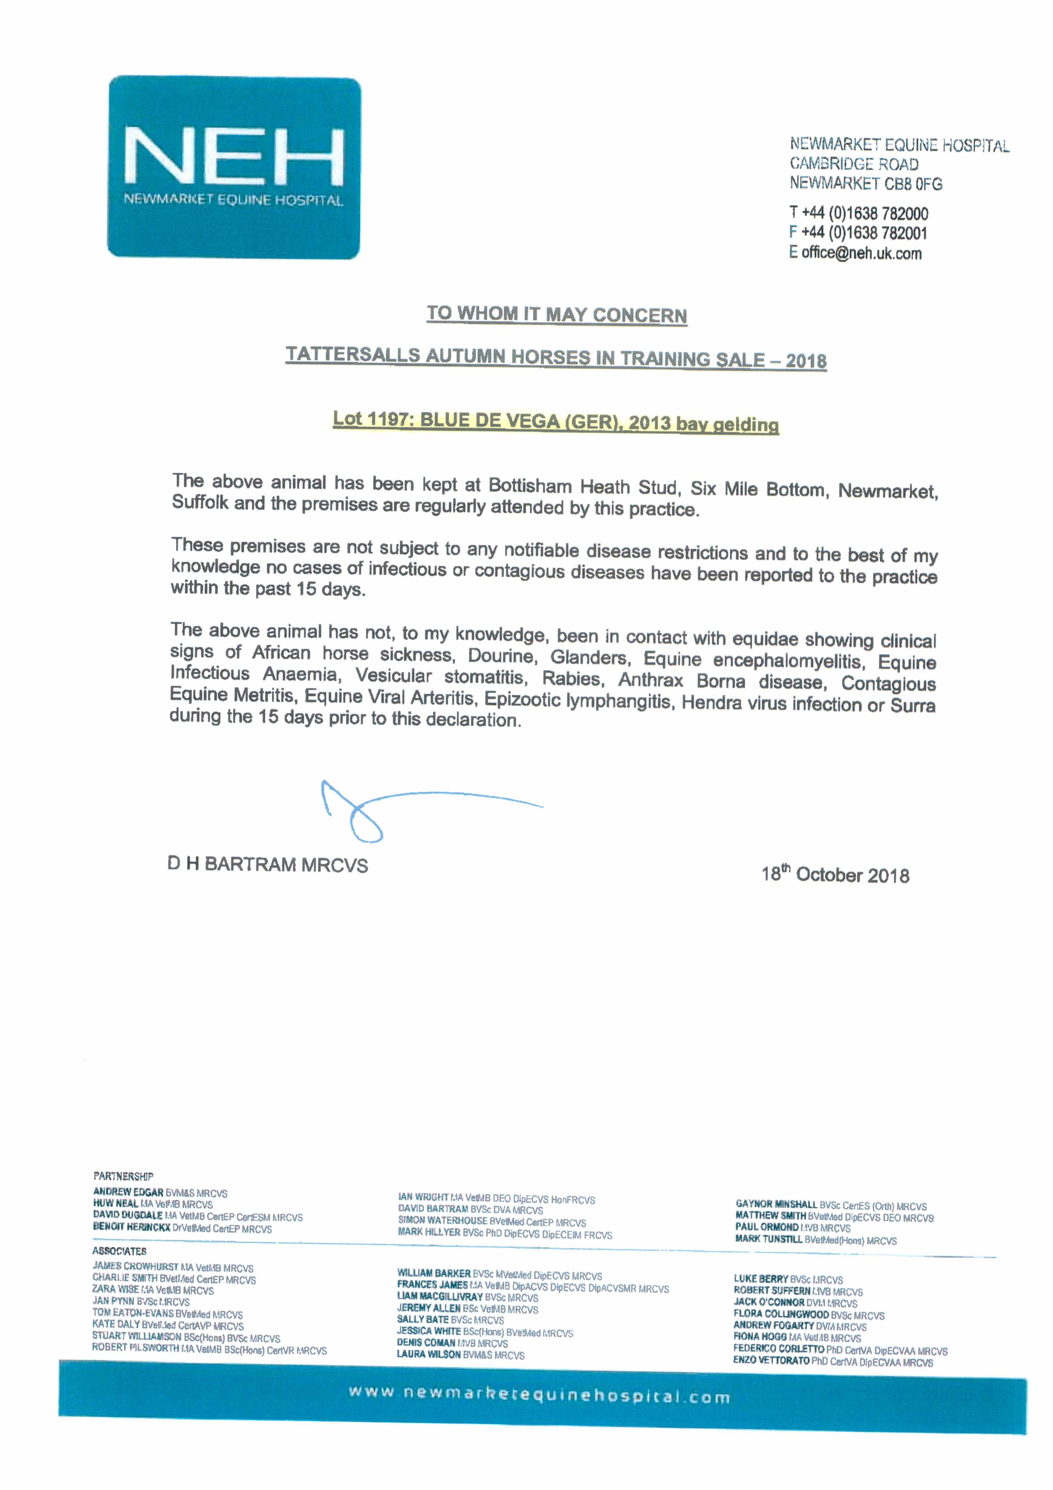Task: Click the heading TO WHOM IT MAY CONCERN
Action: [x=556, y=315]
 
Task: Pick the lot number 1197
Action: [x=387, y=419]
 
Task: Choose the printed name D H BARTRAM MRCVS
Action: [x=267, y=864]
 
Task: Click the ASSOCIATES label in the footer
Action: [x=120, y=1250]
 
